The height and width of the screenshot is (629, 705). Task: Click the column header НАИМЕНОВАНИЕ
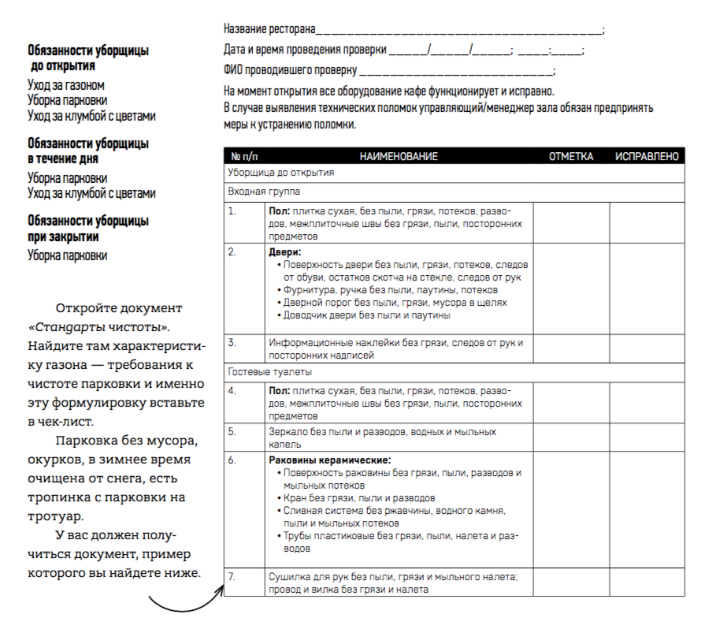click(x=398, y=157)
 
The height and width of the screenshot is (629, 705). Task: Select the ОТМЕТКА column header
click(x=570, y=157)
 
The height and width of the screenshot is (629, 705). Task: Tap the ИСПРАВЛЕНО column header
click(x=646, y=157)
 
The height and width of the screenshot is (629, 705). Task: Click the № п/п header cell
click(x=245, y=157)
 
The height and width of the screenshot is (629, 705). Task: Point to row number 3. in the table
click(x=232, y=343)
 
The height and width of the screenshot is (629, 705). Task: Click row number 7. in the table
click(x=232, y=577)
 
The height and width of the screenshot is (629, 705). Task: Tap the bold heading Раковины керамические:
click(x=330, y=460)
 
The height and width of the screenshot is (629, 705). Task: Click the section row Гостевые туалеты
click(x=260, y=370)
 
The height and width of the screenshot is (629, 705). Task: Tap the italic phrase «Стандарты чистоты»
click(x=99, y=326)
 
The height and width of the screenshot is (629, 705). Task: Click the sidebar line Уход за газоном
click(x=66, y=85)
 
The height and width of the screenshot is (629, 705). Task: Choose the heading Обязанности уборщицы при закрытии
click(x=87, y=229)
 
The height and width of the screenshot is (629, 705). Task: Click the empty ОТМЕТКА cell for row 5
click(x=571, y=437)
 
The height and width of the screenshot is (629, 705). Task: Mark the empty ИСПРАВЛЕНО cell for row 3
click(x=646, y=348)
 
